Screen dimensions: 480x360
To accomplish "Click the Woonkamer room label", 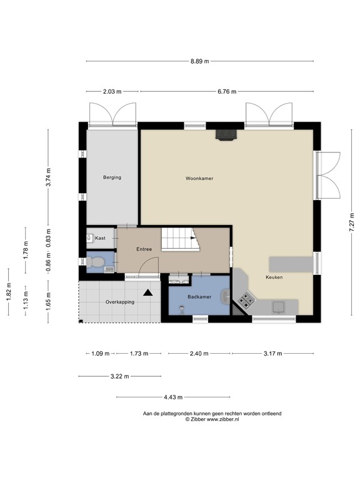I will point(199,178).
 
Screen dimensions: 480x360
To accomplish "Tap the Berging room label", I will point(112,177).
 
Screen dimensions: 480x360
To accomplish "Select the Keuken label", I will point(274,277).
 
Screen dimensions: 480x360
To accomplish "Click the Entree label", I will point(144,249).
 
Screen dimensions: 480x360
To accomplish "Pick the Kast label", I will point(101,238).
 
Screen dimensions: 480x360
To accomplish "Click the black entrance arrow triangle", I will point(148,292).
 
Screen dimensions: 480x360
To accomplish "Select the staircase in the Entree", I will point(179,239).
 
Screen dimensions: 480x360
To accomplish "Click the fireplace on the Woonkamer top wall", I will point(226,134).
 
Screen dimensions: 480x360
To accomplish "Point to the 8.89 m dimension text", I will point(199,61).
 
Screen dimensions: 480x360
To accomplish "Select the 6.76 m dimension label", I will point(226,91).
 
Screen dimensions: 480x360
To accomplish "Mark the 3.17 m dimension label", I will point(272,353).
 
